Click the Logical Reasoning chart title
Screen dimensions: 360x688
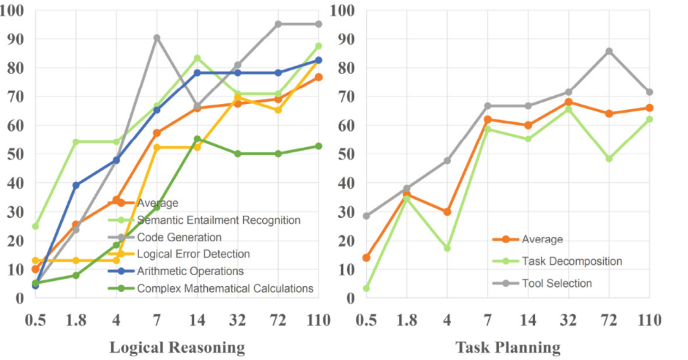(x=177, y=345)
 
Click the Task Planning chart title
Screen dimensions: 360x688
(x=508, y=345)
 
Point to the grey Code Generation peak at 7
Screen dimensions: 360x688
(x=157, y=38)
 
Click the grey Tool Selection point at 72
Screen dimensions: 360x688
(x=609, y=51)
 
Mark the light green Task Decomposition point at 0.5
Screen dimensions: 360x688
(x=366, y=288)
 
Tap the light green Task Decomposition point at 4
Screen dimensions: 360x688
(x=446, y=248)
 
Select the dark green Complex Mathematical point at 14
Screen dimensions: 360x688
(x=198, y=139)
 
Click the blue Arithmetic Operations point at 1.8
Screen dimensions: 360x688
(x=75, y=185)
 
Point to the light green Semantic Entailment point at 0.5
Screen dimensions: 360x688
(x=35, y=226)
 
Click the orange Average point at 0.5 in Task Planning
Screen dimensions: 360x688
(x=366, y=258)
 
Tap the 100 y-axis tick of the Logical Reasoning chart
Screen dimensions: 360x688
(x=13, y=11)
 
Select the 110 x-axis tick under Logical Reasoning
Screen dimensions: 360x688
(x=318, y=320)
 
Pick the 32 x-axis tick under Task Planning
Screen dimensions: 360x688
(x=568, y=320)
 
